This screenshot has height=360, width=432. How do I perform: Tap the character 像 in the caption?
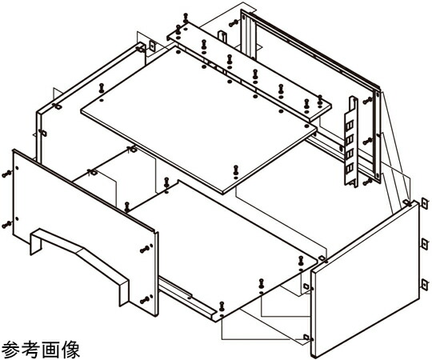click(71, 350)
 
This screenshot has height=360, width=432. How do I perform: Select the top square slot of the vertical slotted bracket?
click(350, 126)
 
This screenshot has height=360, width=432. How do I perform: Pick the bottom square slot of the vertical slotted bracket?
click(350, 168)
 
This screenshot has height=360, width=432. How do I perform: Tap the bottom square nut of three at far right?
click(425, 285)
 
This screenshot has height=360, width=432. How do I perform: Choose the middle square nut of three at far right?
click(425, 244)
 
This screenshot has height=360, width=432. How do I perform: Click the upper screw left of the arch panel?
click(6, 174)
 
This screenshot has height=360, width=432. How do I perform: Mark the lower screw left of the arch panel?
click(6, 225)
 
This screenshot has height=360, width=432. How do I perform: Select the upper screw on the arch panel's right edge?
click(145, 250)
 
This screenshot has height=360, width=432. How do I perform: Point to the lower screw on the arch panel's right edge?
click(145, 300)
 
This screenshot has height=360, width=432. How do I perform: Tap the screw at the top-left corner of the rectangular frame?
click(234, 23)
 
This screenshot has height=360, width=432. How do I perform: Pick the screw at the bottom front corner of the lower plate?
click(222, 306)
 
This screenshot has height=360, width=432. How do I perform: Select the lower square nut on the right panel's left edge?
click(306, 337)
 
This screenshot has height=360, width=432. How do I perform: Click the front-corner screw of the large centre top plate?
click(236, 170)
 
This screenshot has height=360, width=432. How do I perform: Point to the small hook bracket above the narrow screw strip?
click(222, 37)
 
